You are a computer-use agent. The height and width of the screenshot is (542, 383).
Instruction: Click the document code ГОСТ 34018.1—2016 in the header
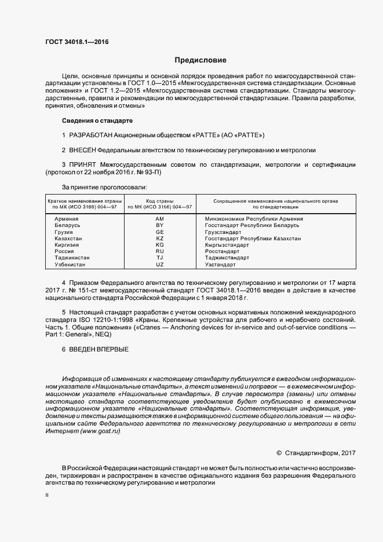click(76, 42)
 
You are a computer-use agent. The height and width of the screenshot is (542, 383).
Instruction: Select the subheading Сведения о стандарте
click(97, 121)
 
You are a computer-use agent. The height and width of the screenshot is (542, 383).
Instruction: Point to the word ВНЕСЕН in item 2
click(85, 150)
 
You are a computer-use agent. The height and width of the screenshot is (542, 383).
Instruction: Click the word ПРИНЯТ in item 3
click(83, 165)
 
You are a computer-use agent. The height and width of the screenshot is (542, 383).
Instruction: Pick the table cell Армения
click(66, 218)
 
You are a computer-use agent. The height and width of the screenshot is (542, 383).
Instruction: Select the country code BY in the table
click(160, 225)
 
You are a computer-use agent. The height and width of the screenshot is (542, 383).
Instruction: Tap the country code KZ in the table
click(160, 238)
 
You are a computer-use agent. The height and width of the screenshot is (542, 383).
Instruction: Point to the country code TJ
click(160, 258)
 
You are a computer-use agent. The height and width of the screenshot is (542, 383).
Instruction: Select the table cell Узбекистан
click(70, 265)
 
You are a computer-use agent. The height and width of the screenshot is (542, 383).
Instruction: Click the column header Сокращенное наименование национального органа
click(275, 200)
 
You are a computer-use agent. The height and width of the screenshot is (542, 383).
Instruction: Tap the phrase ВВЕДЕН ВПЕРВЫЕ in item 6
click(99, 349)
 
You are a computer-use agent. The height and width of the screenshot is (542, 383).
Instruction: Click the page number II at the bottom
click(48, 496)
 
